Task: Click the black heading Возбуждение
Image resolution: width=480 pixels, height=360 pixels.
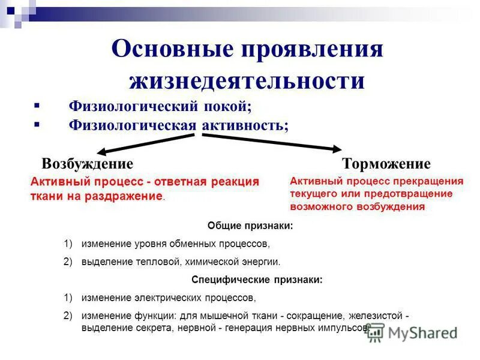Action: pyautogui.click(x=87, y=164)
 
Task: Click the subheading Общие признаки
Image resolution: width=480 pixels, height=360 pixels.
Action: pyautogui.click(x=250, y=226)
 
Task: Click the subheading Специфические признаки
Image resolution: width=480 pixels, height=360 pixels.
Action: pyautogui.click(x=257, y=279)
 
